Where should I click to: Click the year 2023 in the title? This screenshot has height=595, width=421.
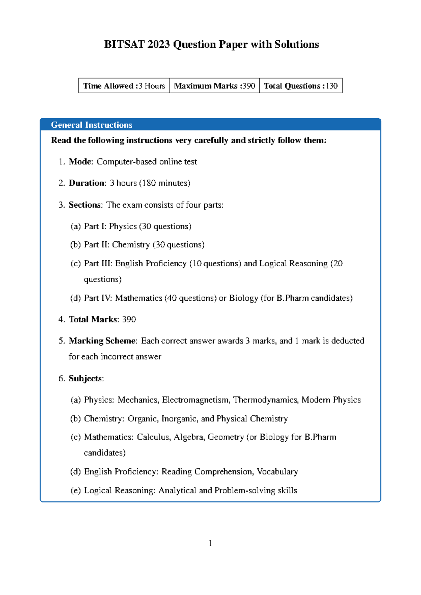[x=159, y=45]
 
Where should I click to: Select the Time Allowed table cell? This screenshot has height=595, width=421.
[x=124, y=86]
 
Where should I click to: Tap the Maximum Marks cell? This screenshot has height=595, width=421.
[x=214, y=86]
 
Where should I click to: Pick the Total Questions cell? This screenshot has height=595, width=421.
[x=301, y=86]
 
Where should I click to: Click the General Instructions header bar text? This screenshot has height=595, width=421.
[x=92, y=125]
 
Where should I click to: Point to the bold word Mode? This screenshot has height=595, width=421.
[x=80, y=162]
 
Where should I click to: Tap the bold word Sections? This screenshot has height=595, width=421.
[x=85, y=205]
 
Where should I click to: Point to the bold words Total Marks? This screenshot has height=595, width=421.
[x=93, y=320]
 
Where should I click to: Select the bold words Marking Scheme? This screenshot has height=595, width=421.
[x=102, y=341]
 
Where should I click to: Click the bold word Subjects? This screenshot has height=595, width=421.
[x=86, y=379]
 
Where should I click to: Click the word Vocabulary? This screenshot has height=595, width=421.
[x=277, y=472]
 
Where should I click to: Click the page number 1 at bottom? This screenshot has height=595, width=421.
[x=210, y=543]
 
